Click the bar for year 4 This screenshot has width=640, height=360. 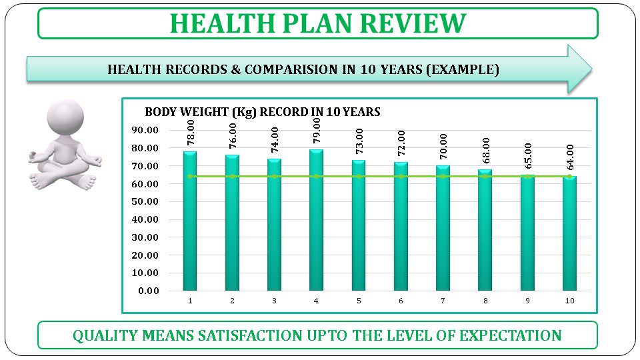(317, 220)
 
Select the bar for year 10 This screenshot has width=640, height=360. (569, 233)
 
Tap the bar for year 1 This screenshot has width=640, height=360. (190, 221)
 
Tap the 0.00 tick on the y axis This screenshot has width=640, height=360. (148, 291)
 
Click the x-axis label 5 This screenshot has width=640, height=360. (359, 301)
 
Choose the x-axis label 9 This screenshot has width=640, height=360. (527, 301)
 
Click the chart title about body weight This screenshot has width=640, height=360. (262, 112)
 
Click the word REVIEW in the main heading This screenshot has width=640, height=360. (413, 23)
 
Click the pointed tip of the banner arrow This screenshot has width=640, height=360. (590, 69)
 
